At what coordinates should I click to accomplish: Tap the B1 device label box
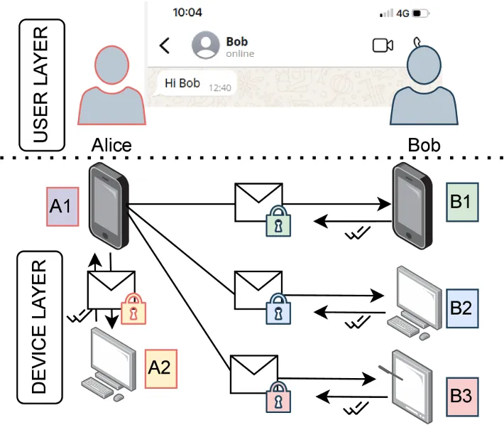point(465,200)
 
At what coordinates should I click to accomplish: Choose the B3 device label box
point(465,393)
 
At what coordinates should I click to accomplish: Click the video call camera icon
point(383,45)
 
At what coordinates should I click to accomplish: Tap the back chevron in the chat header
point(165,46)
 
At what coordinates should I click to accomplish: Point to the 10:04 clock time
point(187,13)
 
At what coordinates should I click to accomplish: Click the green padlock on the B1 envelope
point(278,220)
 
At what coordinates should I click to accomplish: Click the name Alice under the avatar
point(112,145)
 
